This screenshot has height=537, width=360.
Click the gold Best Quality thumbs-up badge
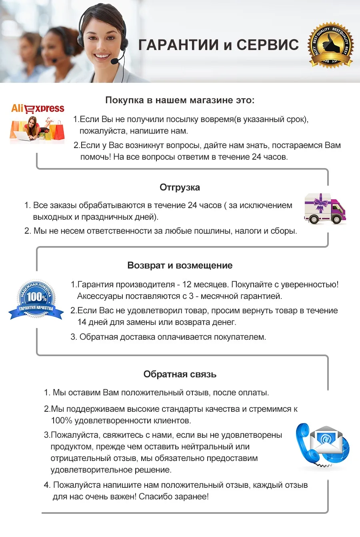tap(330, 44)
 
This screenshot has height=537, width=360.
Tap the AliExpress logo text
tap(38, 108)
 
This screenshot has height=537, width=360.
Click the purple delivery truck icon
tap(325, 208)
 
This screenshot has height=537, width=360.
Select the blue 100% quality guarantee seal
tap(36, 299)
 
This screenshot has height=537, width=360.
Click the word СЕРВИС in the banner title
tap(267, 45)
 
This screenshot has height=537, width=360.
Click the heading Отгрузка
tap(180, 187)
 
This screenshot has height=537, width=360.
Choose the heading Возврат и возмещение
tap(180, 265)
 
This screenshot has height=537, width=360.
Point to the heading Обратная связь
tap(180, 374)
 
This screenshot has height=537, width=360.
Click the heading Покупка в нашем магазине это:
tap(180, 100)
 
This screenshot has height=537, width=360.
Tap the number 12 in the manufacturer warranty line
tap(187, 285)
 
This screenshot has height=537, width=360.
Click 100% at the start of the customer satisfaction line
tap(61, 421)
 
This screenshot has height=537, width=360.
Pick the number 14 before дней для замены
tap(82, 322)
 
